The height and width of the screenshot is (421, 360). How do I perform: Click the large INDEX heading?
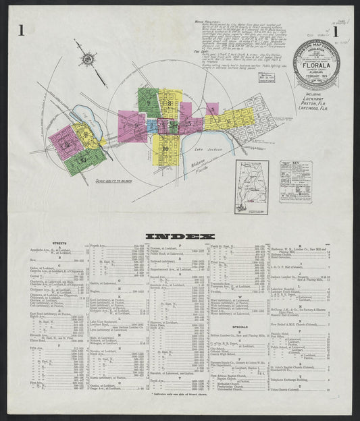[180, 235]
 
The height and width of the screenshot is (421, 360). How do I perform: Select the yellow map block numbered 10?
[165, 148]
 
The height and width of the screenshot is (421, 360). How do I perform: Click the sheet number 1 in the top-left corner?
[22, 30]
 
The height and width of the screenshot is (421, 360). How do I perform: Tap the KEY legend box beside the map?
[296, 181]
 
